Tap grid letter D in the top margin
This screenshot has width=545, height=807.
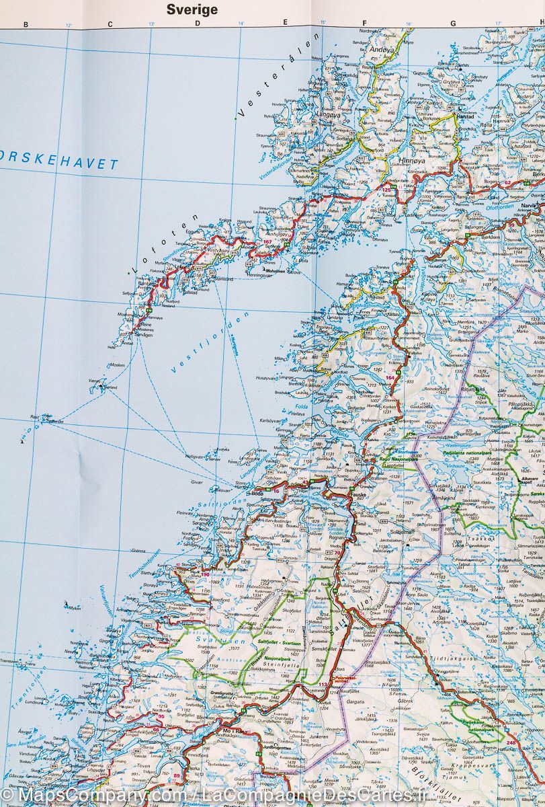198,25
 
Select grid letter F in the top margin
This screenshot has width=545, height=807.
364,25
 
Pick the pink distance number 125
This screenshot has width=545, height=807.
386,190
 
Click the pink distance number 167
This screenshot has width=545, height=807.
267,241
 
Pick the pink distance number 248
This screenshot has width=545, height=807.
512,742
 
